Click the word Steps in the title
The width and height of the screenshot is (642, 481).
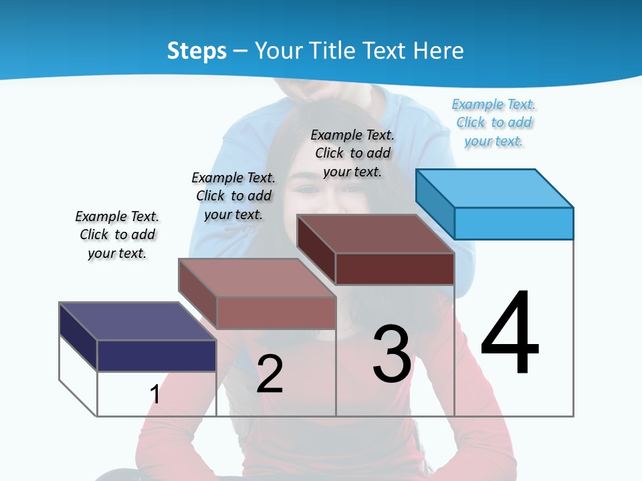point(197,51)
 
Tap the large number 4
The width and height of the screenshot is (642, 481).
point(510,334)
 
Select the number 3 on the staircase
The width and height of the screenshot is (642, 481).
point(392,355)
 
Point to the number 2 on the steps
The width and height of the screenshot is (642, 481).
point(270,374)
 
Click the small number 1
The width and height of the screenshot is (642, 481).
point(155,394)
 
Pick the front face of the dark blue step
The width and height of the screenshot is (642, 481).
point(156,355)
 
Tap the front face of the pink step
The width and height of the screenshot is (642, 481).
point(276,313)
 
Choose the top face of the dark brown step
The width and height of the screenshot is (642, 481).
point(375,234)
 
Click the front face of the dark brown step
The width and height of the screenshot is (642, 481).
point(395,269)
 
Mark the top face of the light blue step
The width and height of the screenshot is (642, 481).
point(495,188)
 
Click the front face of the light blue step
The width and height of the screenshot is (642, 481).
point(514,223)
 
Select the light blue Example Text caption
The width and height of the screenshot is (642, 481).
point(494,123)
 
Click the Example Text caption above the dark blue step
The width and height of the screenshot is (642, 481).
point(117,235)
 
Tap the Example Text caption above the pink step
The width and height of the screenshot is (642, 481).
point(233,196)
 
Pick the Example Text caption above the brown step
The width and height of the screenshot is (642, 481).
point(352,153)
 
